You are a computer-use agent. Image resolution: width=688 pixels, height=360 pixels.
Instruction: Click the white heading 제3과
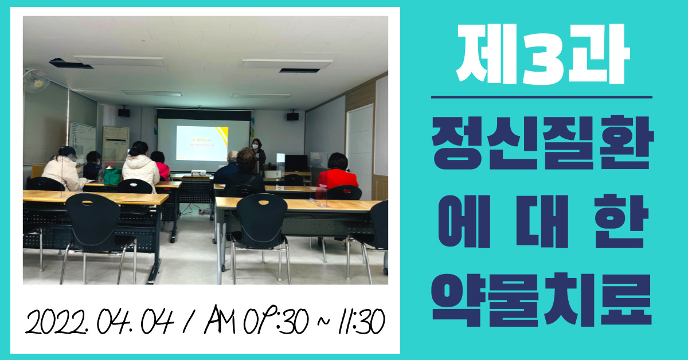coord(543,54)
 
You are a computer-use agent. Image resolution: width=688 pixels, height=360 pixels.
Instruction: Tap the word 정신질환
coord(543,143)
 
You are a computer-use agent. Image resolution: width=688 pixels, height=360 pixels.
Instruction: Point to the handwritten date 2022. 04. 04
coord(100,322)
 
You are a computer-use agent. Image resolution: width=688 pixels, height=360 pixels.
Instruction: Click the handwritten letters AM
coord(219,319)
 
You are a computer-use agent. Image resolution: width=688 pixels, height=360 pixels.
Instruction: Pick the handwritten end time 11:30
coord(361,321)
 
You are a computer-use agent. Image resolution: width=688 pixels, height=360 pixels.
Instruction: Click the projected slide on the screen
coord(202,143)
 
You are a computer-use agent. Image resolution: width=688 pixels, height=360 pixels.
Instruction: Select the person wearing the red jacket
coord(337,175)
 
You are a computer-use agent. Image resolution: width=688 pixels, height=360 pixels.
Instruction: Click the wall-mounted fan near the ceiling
coord(36,80)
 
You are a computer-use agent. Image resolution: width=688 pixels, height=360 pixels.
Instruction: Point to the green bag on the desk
coord(112,177)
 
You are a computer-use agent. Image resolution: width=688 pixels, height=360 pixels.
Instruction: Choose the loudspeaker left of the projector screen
coord(124,112)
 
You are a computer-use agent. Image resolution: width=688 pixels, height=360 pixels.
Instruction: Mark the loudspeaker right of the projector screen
coord(293,116)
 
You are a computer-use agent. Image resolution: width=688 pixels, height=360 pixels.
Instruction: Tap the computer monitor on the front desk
coord(296,163)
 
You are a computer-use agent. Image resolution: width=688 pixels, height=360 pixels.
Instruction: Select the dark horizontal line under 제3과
coord(541,97)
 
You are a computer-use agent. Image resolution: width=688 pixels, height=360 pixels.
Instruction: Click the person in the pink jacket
coord(161,167)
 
